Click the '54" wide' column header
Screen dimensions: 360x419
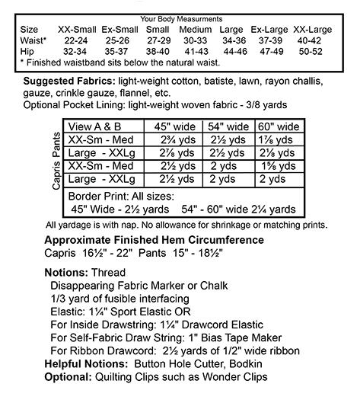tap(228, 126)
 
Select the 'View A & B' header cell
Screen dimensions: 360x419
tap(97, 126)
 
